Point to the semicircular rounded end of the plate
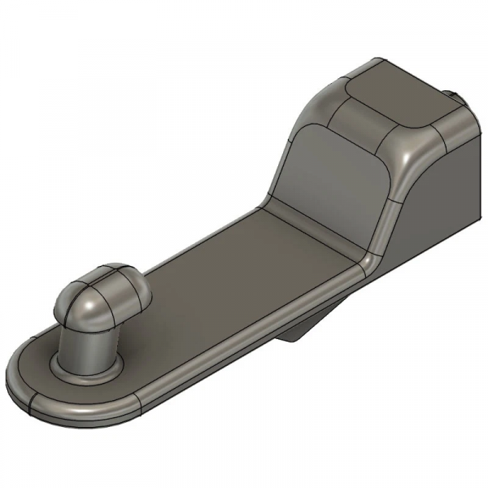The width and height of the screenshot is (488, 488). (x=33, y=382)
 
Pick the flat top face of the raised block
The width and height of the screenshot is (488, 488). (x=390, y=89)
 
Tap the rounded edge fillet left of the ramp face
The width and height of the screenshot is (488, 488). (x=285, y=155)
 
